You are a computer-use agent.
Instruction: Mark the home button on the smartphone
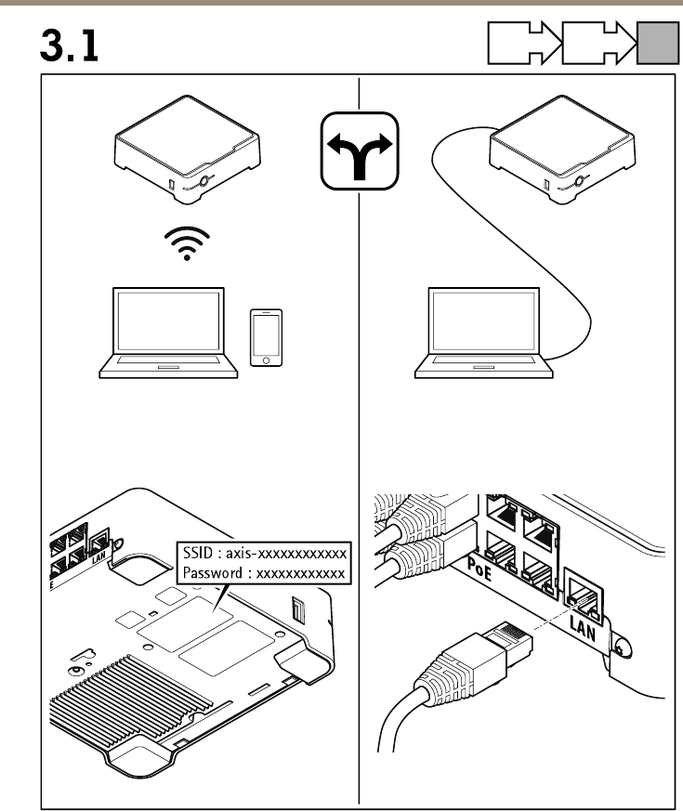coord(265,360)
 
